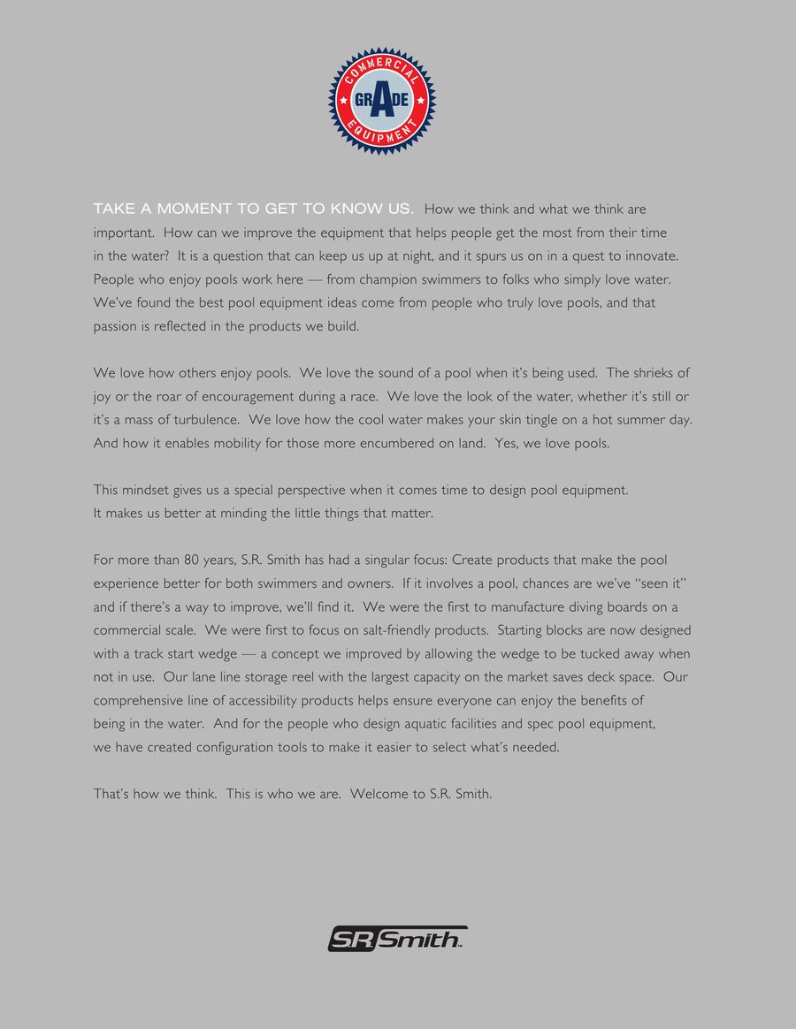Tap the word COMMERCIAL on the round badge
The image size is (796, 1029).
[381, 68]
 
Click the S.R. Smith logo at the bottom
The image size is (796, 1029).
[397, 938]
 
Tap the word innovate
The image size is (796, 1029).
[649, 255]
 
